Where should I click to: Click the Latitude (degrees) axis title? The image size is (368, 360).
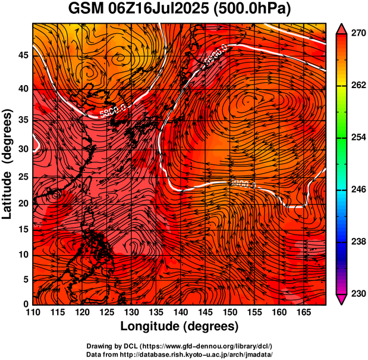click(8, 164)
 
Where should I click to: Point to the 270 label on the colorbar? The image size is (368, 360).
click(355, 34)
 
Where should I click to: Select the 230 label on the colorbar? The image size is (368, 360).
click(355, 294)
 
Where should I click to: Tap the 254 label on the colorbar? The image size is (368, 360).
click(355, 138)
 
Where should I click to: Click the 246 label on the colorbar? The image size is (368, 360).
click(355, 190)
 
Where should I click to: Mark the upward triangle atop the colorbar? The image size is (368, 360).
click(342, 28)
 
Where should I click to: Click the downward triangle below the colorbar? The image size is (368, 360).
click(342, 299)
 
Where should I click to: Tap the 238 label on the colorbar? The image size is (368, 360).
click(355, 242)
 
